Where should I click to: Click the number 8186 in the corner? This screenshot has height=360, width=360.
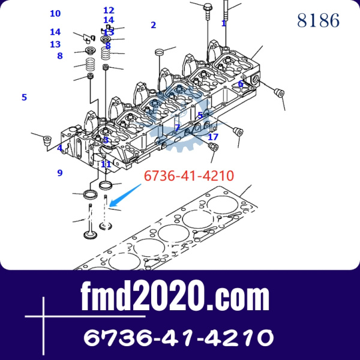click(318, 20)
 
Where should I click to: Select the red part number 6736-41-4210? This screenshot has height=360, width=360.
click(189, 176)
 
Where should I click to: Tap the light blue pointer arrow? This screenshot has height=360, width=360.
click(125, 195)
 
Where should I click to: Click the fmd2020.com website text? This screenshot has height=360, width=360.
click(175, 296)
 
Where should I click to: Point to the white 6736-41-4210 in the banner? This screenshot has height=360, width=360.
click(179, 337)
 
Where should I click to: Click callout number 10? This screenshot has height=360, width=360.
click(55, 14)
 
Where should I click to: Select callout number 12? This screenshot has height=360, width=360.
click(109, 10)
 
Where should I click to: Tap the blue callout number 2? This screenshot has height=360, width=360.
click(154, 25)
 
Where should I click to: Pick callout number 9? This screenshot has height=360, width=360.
click(60, 173)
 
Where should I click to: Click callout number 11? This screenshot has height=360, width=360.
click(106, 164)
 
